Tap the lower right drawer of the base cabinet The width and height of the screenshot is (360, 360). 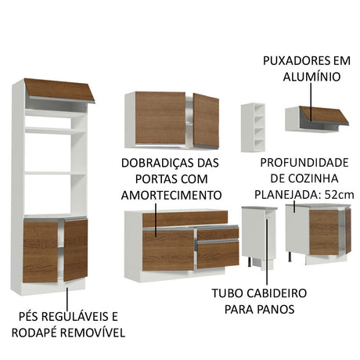(x=218, y=253)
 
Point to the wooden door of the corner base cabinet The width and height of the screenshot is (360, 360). (x=324, y=232)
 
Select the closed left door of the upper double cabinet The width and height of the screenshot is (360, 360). (x=160, y=117)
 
